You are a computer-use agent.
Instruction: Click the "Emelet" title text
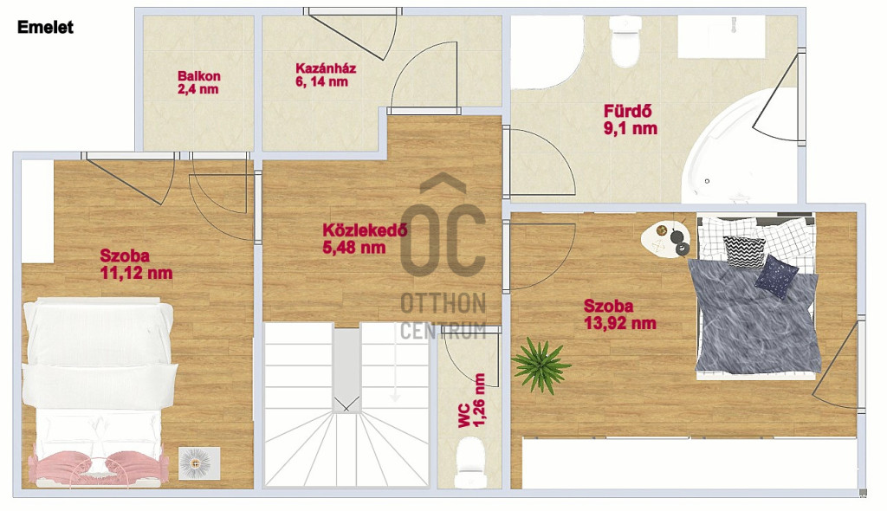(x=45, y=27)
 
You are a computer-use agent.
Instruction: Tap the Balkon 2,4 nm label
(x=198, y=82)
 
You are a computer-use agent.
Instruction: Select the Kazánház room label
(x=326, y=75)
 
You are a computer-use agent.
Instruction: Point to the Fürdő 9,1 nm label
(x=631, y=120)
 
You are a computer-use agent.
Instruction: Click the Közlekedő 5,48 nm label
(x=365, y=238)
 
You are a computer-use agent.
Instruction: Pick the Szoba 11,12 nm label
(x=136, y=263)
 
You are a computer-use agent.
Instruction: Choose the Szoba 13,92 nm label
(x=620, y=314)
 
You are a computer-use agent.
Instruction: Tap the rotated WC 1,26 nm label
(x=472, y=400)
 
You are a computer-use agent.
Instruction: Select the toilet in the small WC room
(x=470, y=462)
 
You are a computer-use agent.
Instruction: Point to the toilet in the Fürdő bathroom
(x=625, y=42)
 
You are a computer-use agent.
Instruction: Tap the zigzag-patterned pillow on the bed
(x=744, y=251)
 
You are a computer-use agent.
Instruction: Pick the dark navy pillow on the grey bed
(x=776, y=276)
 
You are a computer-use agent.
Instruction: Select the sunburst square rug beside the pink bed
(x=198, y=463)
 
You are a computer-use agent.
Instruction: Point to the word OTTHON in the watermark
(x=443, y=303)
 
